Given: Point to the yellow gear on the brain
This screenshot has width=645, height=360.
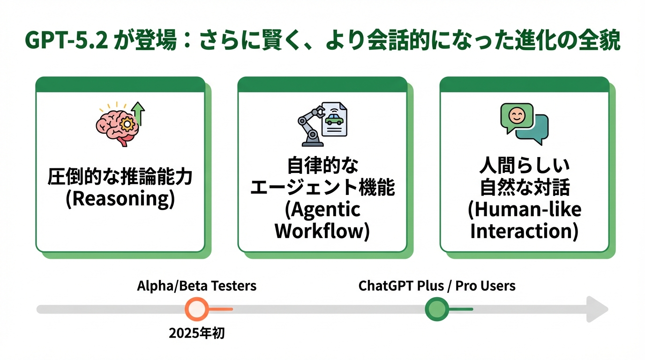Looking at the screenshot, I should pyautogui.click(x=127, y=124).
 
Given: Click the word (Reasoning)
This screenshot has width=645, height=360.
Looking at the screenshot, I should pyautogui.click(x=120, y=199).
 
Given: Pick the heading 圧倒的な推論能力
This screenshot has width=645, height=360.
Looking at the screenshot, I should pyautogui.click(x=120, y=178).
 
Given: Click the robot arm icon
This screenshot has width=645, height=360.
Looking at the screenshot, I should pyautogui.click(x=309, y=124).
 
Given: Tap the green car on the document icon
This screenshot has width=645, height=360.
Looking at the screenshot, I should pyautogui.click(x=334, y=119).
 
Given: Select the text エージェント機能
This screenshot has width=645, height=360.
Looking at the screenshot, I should pyautogui.click(x=322, y=187).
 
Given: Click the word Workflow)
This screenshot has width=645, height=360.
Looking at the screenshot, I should pyautogui.click(x=322, y=231).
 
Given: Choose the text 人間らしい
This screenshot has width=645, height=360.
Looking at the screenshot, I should pyautogui.click(x=524, y=166).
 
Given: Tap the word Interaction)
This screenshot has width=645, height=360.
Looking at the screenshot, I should pyautogui.click(x=524, y=231).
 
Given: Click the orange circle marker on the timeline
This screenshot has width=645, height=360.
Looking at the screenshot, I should pyautogui.click(x=197, y=309).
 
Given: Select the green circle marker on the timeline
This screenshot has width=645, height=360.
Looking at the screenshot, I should pyautogui.click(x=437, y=309).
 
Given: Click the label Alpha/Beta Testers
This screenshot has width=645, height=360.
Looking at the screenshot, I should pyautogui.click(x=197, y=285).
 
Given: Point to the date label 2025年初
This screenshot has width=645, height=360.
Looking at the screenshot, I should pyautogui.click(x=197, y=333).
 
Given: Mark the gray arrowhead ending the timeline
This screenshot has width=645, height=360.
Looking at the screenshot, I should pyautogui.click(x=598, y=309).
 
